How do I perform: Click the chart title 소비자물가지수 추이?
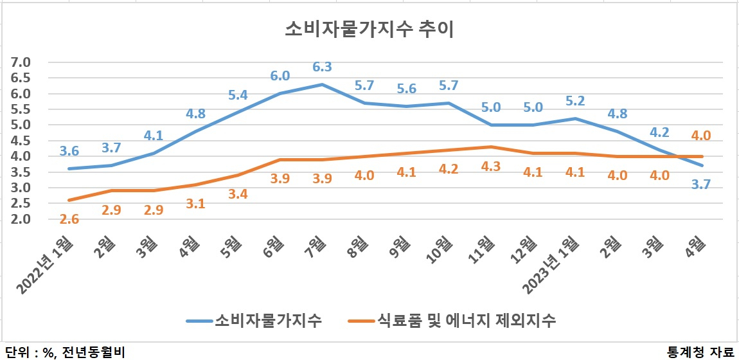tap(369, 30)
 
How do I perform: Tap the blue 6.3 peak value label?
tap(323, 66)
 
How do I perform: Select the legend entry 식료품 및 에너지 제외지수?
tap(452, 320)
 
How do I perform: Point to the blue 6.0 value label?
tap(280, 76)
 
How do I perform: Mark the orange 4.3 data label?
tap(490, 166)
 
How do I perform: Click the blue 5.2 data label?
tap(575, 102)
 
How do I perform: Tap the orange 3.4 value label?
tap(238, 194)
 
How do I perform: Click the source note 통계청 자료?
tap(701, 352)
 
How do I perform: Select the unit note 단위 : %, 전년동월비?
tap(66, 352)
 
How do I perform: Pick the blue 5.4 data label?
tap(238, 94)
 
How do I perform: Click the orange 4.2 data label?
tap(449, 169)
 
